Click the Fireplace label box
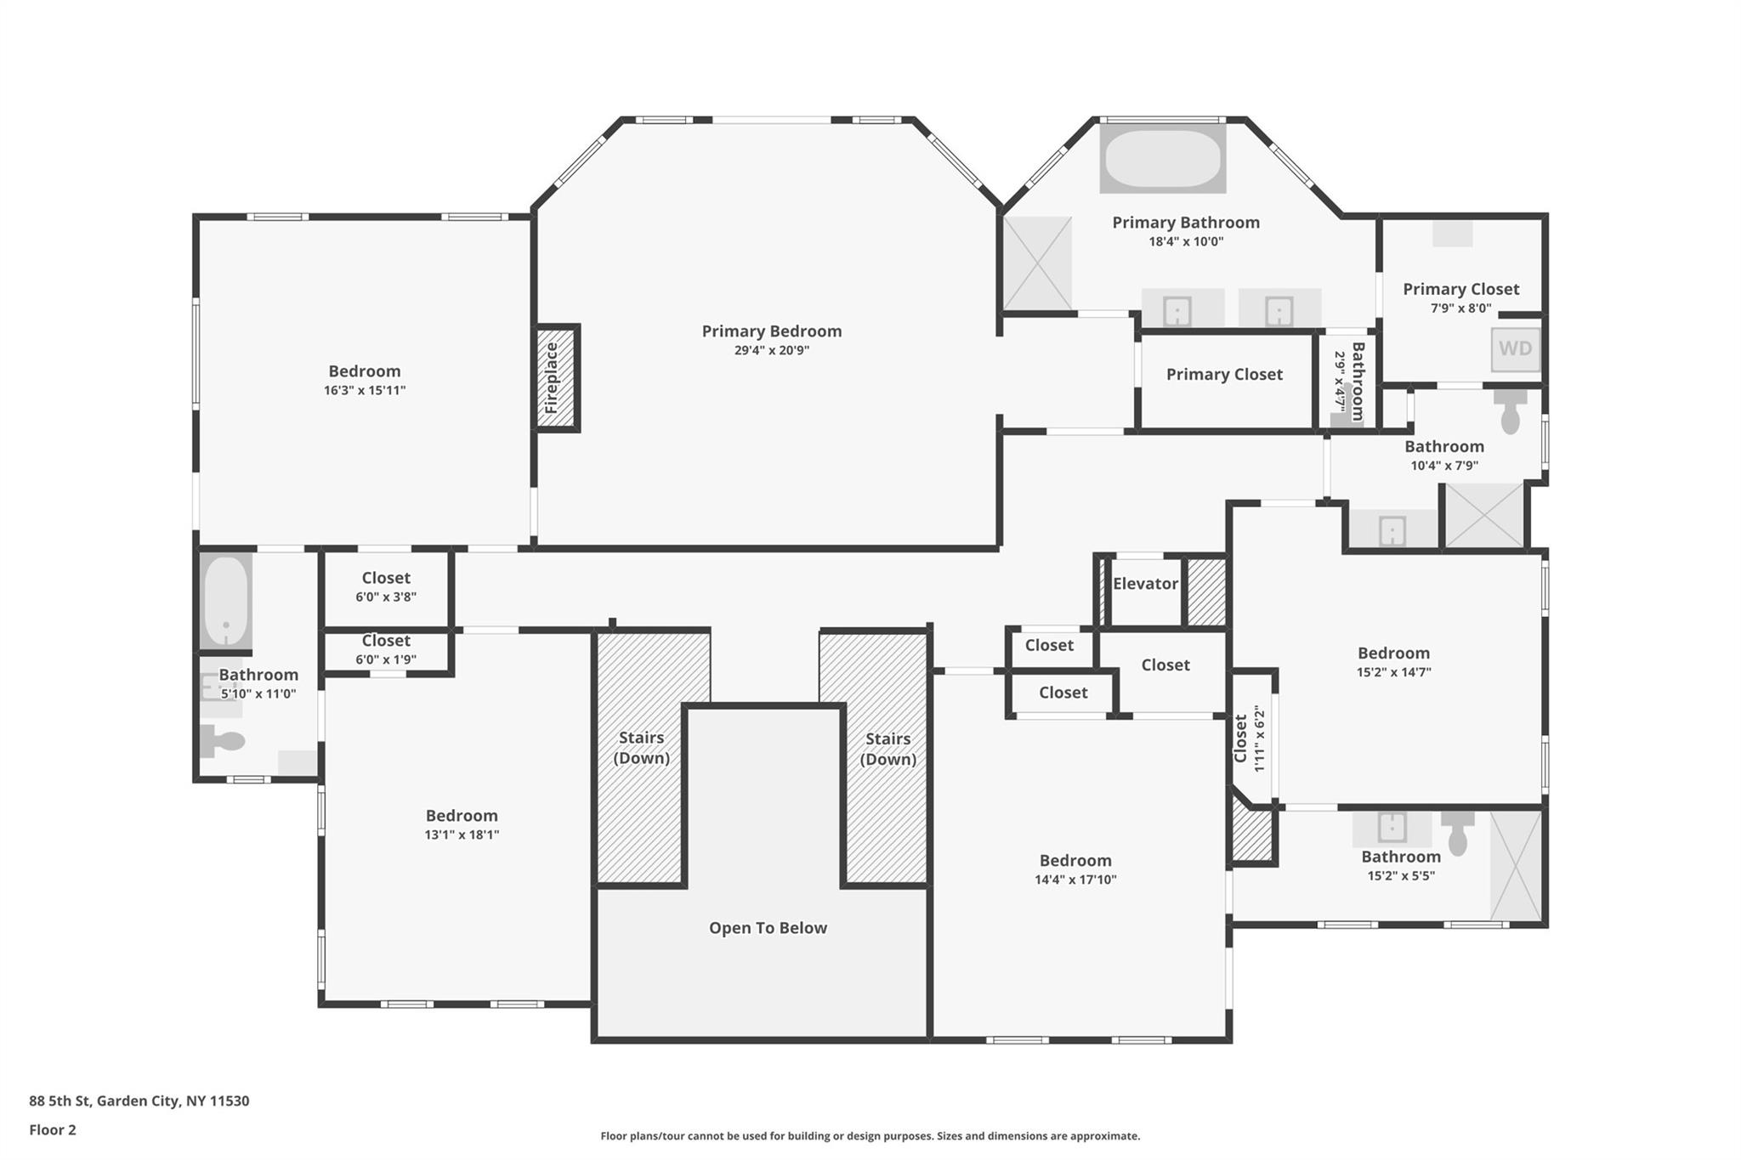(557, 378)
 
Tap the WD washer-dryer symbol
(1515, 349)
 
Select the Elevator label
(1145, 584)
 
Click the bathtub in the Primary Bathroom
(1162, 159)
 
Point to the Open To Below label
(768, 928)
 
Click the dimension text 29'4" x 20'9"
(771, 350)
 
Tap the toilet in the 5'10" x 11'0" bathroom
(223, 741)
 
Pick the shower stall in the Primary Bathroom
(1037, 263)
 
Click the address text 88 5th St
(139, 1101)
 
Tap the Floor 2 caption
(53, 1130)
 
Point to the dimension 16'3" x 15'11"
(365, 391)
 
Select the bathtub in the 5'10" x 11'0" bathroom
(226, 600)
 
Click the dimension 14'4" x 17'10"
(1075, 880)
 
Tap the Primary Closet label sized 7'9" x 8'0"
(1460, 290)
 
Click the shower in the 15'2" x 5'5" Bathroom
(1516, 865)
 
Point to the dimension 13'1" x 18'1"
(462, 835)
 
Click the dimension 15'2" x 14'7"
(1393, 672)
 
